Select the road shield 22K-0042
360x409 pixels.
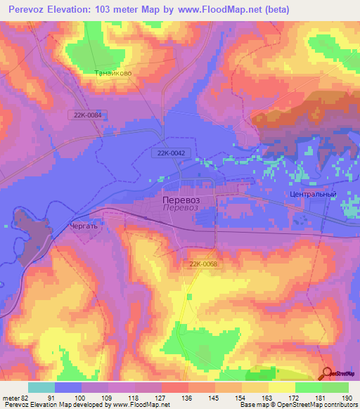[x=170, y=152]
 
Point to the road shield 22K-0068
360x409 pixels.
[x=203, y=264]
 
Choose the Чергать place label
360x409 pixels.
[x=84, y=227]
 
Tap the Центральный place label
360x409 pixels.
[x=312, y=194]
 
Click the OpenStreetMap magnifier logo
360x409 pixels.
[x=327, y=375]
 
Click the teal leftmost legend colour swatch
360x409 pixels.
[x=41, y=387]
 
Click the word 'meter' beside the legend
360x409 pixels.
[x=9, y=396]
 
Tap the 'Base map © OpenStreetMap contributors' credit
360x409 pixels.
[x=298, y=405]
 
